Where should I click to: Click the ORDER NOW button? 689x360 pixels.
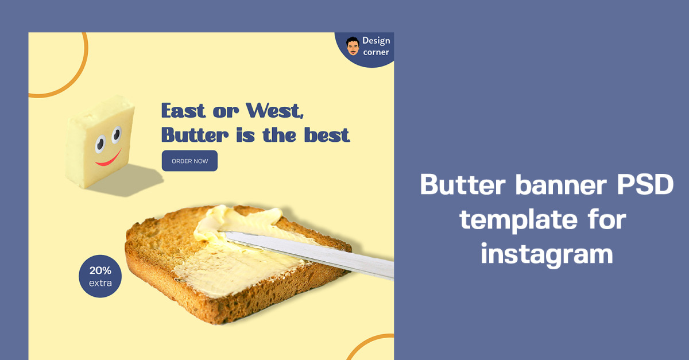pyautogui.click(x=189, y=161)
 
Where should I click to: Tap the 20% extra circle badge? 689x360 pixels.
pyautogui.click(x=100, y=276)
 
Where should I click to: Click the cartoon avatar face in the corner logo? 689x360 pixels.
pyautogui.click(x=353, y=47)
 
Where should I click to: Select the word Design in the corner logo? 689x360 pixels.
pyautogui.click(x=376, y=41)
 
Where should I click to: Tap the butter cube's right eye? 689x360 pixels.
pyautogui.click(x=117, y=134)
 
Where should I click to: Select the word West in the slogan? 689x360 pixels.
pyautogui.click(x=274, y=110)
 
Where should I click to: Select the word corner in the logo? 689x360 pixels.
pyautogui.click(x=376, y=52)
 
